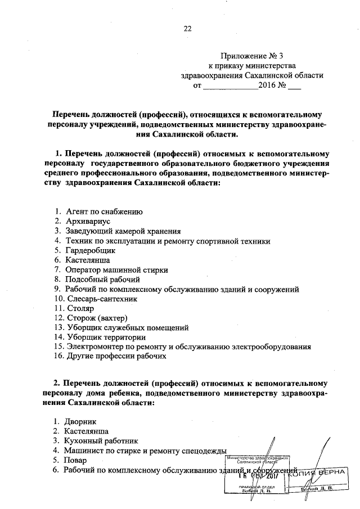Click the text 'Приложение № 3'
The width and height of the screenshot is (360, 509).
(x=253, y=56)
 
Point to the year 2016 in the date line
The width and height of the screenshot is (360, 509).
(x=267, y=87)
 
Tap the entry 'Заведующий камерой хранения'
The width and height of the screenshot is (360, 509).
(x=122, y=232)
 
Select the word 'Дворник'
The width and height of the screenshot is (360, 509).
(x=82, y=421)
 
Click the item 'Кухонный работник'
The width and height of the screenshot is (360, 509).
(x=101, y=441)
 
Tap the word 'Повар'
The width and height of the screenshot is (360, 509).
(x=77, y=461)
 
